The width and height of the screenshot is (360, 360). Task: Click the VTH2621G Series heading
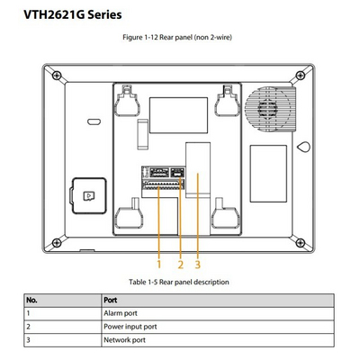point(73,14)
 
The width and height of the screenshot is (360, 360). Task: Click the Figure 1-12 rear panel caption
point(177,38)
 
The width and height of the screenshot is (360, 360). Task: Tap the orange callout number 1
point(159,265)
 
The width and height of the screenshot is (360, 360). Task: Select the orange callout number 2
point(180,265)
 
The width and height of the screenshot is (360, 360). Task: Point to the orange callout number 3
point(197,265)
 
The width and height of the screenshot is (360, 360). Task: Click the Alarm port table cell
point(121,313)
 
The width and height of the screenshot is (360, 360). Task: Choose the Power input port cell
point(130,327)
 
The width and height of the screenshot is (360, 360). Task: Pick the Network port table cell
point(124,340)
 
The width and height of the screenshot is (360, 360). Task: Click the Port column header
point(111,300)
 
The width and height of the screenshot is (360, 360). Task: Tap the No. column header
point(31,300)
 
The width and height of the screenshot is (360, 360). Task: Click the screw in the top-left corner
point(57,76)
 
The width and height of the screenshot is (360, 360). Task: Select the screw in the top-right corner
point(301,76)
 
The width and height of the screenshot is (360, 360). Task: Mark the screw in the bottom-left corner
point(57,242)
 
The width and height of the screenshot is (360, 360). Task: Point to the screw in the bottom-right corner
point(301,242)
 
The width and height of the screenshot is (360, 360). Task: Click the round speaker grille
point(267,108)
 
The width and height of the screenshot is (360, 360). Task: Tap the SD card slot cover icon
point(89,196)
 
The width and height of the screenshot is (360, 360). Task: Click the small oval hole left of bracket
point(94,121)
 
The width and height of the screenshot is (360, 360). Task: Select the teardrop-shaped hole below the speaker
point(303,147)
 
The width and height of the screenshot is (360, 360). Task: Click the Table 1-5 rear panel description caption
point(179,283)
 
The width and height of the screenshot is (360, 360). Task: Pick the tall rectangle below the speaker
point(268,174)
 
